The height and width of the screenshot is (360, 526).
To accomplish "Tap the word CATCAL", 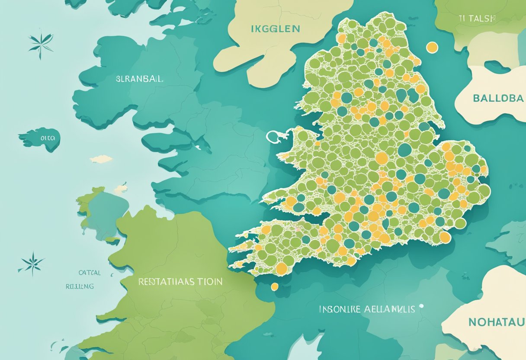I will tap(90, 273).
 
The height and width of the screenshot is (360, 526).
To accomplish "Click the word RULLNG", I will tap(80, 286).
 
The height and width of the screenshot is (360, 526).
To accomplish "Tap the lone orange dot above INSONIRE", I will tap(274, 286).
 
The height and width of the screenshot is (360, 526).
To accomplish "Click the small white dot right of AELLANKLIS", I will tap(421, 306).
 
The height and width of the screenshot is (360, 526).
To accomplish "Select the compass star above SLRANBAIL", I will tap(41, 44).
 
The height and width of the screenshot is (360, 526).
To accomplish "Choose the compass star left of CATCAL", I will tap(32, 263).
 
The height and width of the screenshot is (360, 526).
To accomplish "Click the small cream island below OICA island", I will tap(101, 159).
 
